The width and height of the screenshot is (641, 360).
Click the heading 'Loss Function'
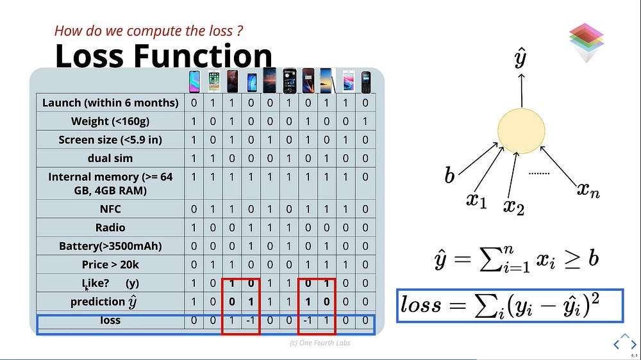point(163,56)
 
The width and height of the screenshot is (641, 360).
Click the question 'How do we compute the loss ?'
point(149,31)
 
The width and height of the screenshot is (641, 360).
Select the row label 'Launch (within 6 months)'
point(110,102)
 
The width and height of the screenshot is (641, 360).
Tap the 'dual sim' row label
point(110,158)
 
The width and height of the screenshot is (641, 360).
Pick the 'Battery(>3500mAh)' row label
point(110,246)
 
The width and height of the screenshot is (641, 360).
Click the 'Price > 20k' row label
point(110,265)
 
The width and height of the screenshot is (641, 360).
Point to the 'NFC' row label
point(110,209)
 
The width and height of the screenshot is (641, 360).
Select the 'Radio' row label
point(110,227)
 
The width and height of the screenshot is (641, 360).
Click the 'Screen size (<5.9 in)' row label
point(110,140)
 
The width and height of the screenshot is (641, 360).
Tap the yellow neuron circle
point(521,131)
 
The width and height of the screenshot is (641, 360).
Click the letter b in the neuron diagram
point(449,175)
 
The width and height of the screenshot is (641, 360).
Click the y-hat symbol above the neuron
point(520,58)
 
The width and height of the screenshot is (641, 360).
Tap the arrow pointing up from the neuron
point(522,90)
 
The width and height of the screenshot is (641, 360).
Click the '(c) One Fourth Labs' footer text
point(320,343)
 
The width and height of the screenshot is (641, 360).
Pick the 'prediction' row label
point(103,302)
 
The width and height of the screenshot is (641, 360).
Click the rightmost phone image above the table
point(366,82)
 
